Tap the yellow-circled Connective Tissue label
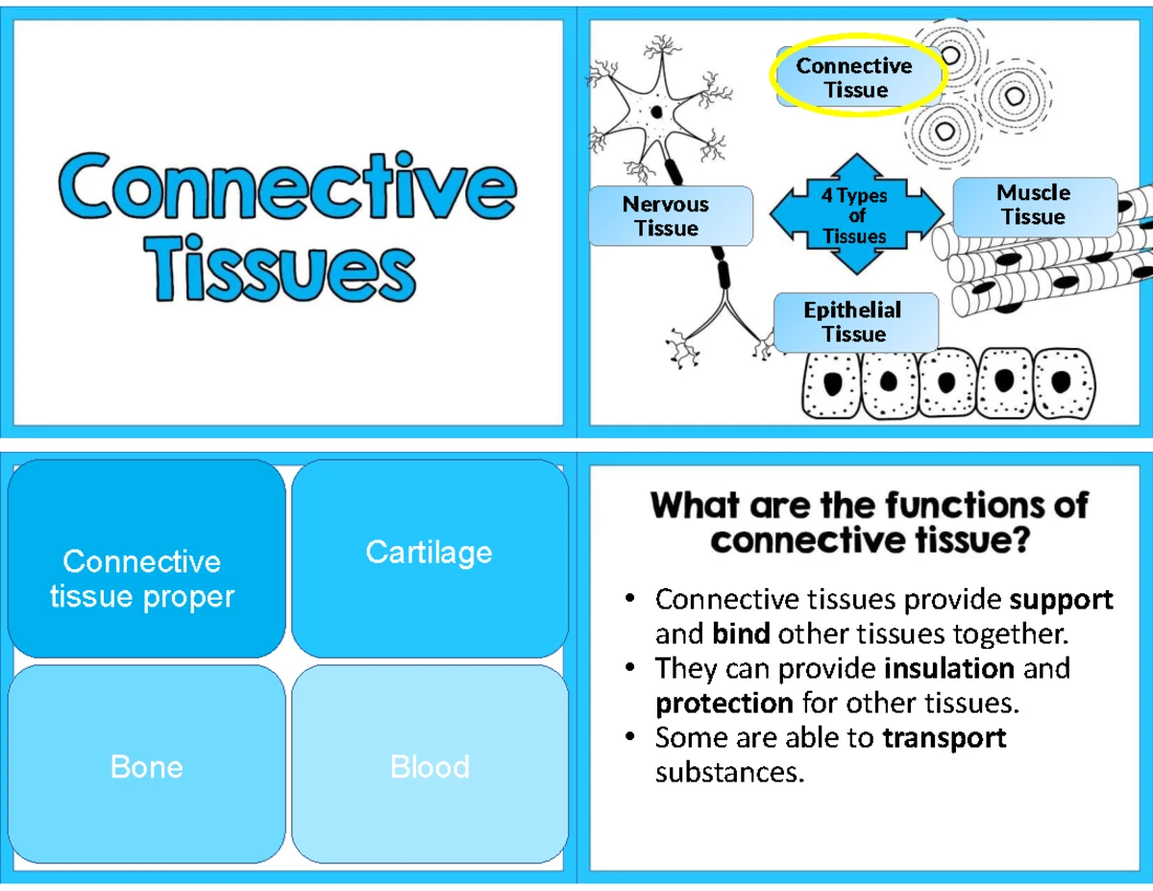tap(854, 78)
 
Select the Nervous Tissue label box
tap(667, 216)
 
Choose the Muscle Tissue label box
tap(1033, 205)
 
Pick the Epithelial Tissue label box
tap(853, 322)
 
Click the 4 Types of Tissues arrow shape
tap(855, 214)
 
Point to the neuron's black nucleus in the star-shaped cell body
tap(657, 111)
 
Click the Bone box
tap(146, 766)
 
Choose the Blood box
tap(429, 766)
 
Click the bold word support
tap(1062, 600)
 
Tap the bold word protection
tap(724, 703)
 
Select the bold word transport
tap(944, 737)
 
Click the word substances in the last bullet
tap(727, 772)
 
